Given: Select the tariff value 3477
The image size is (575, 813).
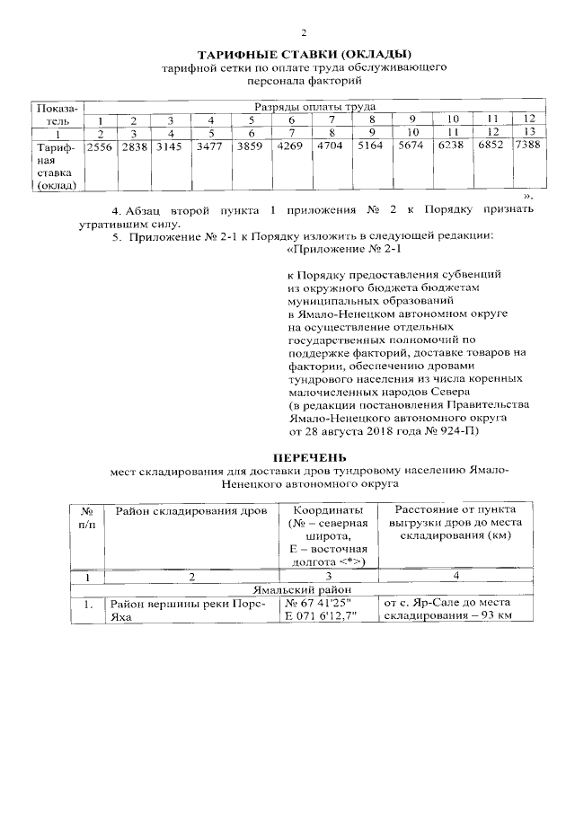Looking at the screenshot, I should (x=209, y=146).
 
